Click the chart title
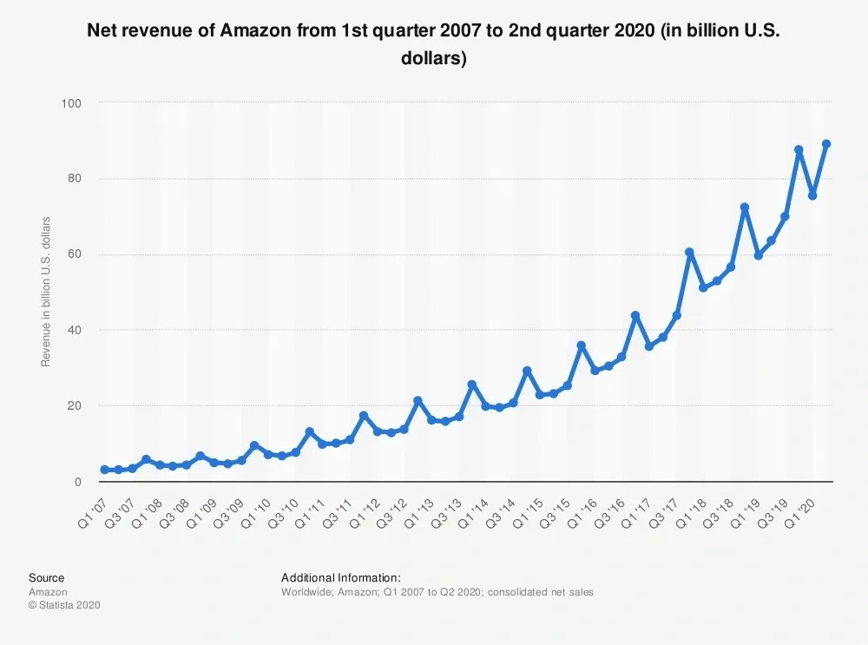(x=433, y=43)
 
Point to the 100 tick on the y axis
(x=71, y=103)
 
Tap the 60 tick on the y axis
(x=74, y=254)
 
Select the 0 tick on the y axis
(x=78, y=482)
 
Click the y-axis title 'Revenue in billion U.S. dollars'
(x=46, y=292)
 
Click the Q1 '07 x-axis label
(x=93, y=513)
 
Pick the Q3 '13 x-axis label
(x=446, y=513)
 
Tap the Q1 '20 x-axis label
(x=800, y=513)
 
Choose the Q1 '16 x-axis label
(x=582, y=513)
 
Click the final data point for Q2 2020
(x=826, y=144)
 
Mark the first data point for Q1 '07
(x=105, y=470)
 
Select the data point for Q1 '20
(x=812, y=195)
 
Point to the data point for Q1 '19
(x=759, y=255)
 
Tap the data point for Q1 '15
(x=540, y=395)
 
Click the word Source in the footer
(x=47, y=577)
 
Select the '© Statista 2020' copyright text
(x=65, y=605)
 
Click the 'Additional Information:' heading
(x=341, y=577)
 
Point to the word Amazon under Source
(x=48, y=592)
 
